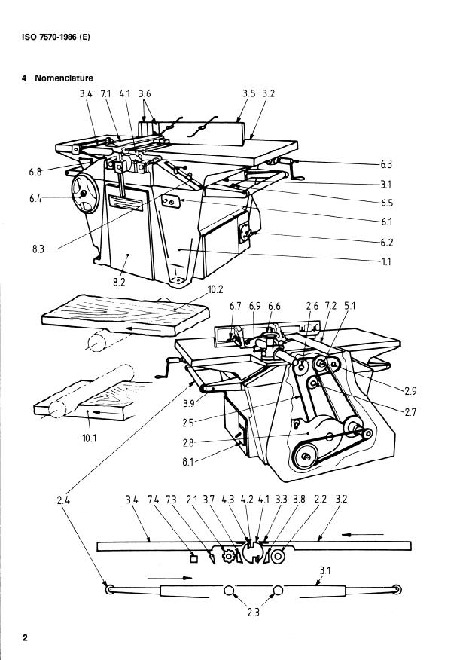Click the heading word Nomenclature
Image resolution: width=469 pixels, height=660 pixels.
point(64,78)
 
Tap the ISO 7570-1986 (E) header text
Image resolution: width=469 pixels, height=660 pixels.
point(56,37)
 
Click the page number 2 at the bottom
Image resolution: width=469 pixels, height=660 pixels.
point(25,637)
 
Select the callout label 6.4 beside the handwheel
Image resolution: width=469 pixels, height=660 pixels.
point(35,198)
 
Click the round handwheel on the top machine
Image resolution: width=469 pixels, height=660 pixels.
point(84,194)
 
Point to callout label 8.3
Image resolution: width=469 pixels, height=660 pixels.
point(38,249)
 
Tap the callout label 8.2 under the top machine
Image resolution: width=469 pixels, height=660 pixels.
point(119,282)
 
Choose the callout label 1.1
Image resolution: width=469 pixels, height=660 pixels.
point(386,261)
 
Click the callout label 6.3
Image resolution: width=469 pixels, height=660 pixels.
point(386,164)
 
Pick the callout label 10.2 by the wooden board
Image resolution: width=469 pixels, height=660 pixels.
point(215,289)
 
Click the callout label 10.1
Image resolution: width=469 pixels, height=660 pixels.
point(89,438)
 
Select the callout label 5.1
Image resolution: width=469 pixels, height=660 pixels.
point(350,306)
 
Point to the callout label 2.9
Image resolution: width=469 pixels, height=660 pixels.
point(410,391)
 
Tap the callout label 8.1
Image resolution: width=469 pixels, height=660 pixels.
point(188,462)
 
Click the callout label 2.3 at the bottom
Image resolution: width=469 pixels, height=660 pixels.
point(253,612)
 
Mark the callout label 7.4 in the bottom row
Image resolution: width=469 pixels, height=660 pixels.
point(153,500)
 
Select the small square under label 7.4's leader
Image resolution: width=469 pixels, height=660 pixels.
point(194,558)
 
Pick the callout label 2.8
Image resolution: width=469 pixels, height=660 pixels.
point(188,442)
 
